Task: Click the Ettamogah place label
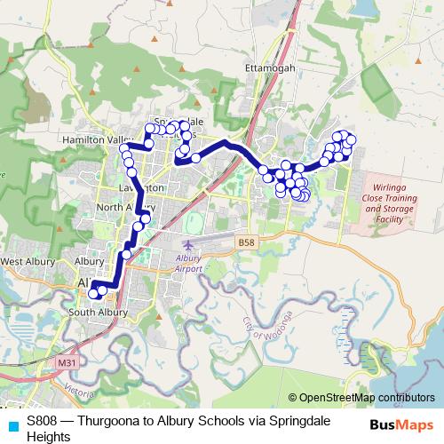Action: [x=268, y=67]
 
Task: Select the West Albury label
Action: [x=24, y=262]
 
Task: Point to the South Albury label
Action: [x=99, y=313]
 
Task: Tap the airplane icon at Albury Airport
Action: [x=186, y=243]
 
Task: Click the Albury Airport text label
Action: [x=189, y=262]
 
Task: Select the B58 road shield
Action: [x=246, y=241]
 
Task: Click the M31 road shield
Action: [x=65, y=363]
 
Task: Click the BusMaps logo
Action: [x=401, y=424]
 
